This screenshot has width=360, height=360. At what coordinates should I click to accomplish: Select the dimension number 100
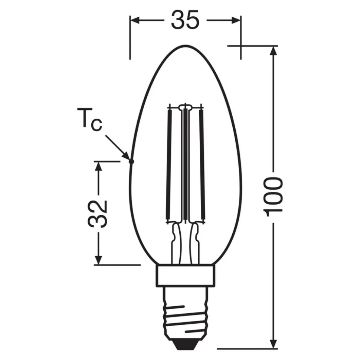pyautogui.click(x=274, y=196)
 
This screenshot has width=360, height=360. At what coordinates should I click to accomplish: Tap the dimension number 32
pyautogui.click(x=98, y=214)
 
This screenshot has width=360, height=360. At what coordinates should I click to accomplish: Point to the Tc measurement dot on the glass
pyautogui.click(x=131, y=161)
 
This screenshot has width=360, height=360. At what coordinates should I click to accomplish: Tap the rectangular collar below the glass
pyautogui.click(x=185, y=275)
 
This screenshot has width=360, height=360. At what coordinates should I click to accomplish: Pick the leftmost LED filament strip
pyautogui.click(x=169, y=163)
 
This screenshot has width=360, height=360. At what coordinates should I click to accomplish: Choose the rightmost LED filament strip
pyautogui.click(x=202, y=163)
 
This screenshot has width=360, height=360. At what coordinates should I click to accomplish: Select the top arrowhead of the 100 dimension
pyautogui.click(x=274, y=51)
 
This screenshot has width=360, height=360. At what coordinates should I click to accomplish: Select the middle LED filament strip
pyautogui.click(x=185, y=163)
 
